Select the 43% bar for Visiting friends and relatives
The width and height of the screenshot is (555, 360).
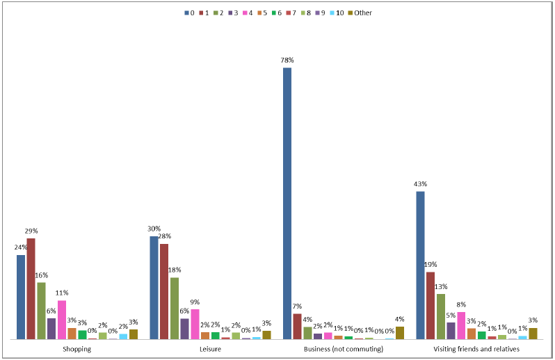tap(420, 265)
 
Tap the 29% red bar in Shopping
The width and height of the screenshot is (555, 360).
tap(31, 288)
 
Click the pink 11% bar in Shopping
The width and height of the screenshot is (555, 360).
tap(62, 320)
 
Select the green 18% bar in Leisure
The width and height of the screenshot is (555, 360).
tap(175, 308)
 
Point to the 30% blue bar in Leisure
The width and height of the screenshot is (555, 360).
tap(154, 288)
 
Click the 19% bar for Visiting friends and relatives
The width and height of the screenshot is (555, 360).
tap(431, 305)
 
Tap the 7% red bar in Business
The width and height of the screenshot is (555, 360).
tap(298, 326)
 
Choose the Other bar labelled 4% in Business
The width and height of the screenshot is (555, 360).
tap(400, 332)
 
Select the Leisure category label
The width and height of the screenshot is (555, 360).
tap(210, 349)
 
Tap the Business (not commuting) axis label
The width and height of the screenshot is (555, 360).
tap(344, 349)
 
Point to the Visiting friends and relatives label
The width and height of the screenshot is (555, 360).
tap(476, 349)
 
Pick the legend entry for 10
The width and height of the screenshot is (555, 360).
tap(335, 13)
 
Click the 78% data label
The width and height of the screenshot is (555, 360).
tap(287, 60)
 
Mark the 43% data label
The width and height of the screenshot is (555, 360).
tap(420, 184)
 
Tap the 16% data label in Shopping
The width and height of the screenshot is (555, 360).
tap(42, 275)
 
